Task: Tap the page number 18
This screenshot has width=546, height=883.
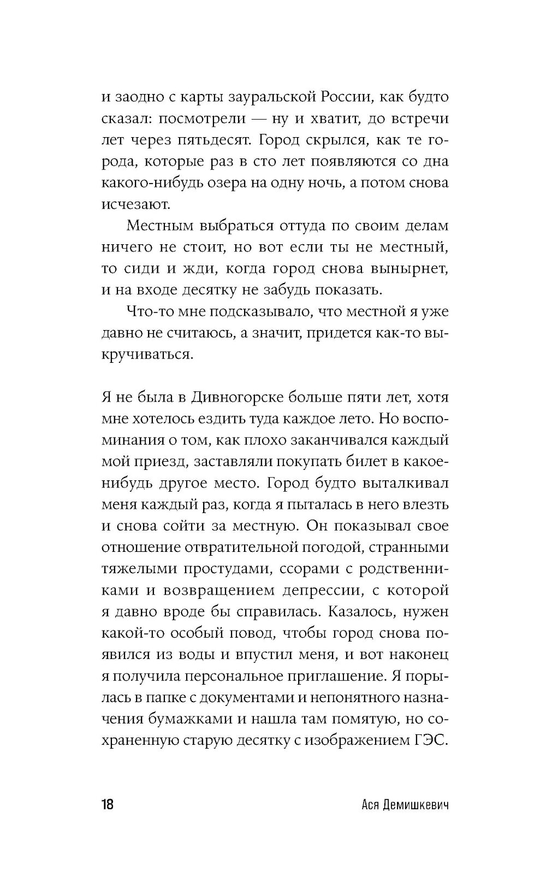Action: click(108, 805)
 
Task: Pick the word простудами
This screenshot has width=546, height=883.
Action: click(225, 568)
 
